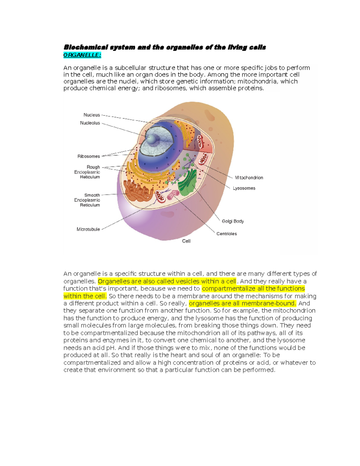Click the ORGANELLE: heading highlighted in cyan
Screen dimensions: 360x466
tap(82, 55)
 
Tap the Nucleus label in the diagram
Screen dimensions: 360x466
tap(91, 115)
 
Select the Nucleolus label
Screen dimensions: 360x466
tap(90, 123)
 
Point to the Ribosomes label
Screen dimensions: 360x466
tap(88, 156)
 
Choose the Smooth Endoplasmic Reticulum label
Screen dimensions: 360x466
tap(87, 200)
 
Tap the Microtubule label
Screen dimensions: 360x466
tap(88, 229)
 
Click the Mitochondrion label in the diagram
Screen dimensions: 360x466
tap(249, 178)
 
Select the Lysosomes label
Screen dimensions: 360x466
tap(244, 188)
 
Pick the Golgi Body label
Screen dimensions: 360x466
tap(232, 221)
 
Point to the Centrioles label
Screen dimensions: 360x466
tap(226, 234)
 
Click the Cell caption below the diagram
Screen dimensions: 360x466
tap(186, 241)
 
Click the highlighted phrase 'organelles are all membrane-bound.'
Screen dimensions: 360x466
tap(242, 303)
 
